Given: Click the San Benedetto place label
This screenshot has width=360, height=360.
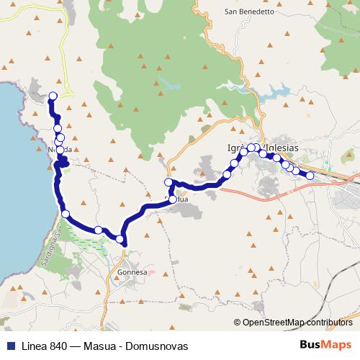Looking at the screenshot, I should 250,12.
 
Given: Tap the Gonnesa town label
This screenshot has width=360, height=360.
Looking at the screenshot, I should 132,273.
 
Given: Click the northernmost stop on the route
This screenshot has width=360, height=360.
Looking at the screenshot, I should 53,96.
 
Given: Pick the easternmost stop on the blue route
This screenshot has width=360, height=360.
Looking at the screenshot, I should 310,176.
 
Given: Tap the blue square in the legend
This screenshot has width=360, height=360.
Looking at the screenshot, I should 8,346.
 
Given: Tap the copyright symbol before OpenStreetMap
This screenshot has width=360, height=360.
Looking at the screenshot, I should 238,323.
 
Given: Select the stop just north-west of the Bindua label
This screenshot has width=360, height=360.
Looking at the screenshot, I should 168,182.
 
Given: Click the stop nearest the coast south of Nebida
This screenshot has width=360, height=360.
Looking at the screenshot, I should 66,214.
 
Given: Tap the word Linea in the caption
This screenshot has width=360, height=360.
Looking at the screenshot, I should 28,346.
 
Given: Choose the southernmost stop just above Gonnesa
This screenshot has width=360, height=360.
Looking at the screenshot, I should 120,238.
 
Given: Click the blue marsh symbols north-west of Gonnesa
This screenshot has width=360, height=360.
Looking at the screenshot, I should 86,241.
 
